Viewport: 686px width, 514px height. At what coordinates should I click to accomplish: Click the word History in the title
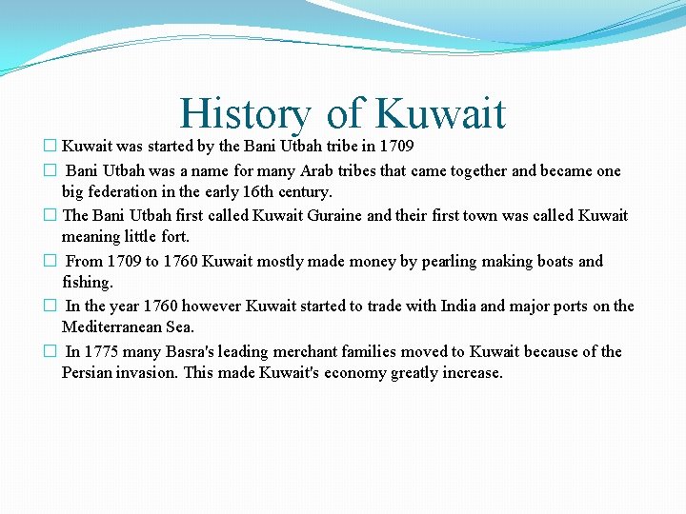245,115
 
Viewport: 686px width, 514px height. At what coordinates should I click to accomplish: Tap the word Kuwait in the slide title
440,113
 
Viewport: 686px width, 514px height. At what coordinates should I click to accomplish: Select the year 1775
104,351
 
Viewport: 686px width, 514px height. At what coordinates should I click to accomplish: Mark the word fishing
87,282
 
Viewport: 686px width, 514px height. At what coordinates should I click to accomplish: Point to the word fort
173,236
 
